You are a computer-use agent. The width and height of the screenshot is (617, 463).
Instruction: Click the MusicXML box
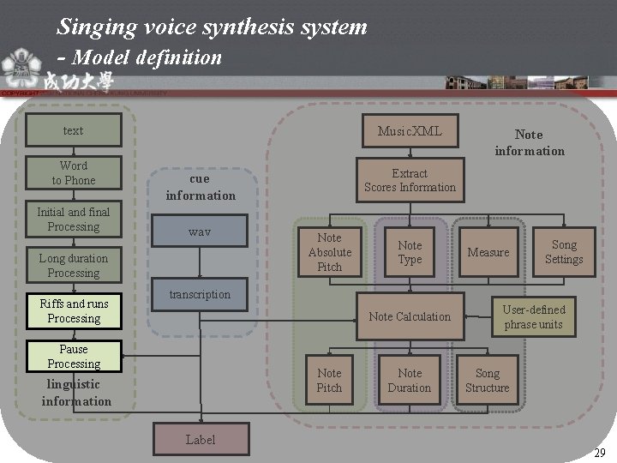coord(410,131)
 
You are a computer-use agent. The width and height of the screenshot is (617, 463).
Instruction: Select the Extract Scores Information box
coord(410,180)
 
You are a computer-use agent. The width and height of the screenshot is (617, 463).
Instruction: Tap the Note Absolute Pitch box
coord(329,252)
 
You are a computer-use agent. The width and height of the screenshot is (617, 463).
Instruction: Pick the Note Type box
coord(410,252)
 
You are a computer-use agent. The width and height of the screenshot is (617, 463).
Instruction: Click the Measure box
coord(488,252)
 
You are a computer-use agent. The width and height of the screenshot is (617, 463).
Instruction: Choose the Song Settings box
coord(564,252)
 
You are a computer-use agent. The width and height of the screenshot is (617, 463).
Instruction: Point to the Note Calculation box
coord(410,316)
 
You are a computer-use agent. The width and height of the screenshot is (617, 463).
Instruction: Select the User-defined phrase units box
coord(534,316)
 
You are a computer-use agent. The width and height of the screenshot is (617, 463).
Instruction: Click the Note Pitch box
coord(329,380)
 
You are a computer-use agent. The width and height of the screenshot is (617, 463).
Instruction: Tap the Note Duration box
coord(410,380)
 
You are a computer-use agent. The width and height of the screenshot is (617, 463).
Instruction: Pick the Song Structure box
coord(487,380)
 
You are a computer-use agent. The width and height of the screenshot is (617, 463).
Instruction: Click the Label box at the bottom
coord(201,440)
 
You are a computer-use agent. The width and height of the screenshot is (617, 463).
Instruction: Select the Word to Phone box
coord(74,172)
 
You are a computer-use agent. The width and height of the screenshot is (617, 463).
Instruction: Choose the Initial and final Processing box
coord(74,219)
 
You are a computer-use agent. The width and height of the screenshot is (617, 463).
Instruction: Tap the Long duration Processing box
coord(74,266)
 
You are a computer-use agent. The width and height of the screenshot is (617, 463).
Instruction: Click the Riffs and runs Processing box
coord(74,311)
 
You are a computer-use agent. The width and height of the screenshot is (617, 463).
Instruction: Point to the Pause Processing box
coord(74,357)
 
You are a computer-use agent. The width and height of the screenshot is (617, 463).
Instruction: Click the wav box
coord(200,232)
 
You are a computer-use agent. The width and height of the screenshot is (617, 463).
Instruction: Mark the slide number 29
coord(600,452)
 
